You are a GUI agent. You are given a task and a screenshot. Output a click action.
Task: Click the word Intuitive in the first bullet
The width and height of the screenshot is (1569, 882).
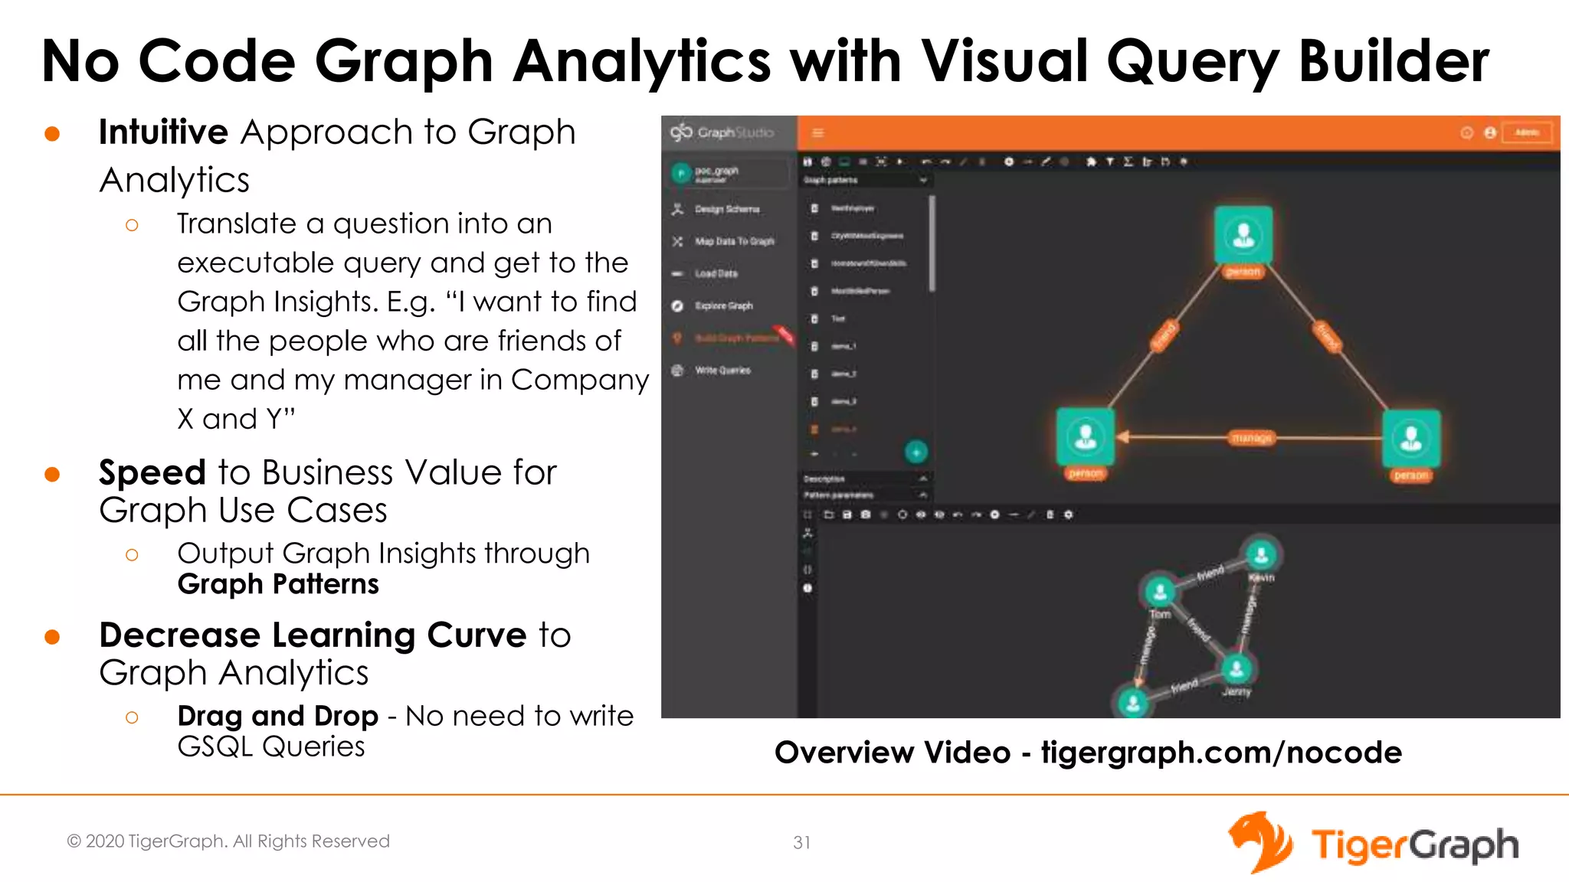click(x=163, y=132)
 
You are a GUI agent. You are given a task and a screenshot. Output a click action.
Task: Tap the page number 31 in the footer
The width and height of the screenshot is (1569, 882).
click(x=801, y=842)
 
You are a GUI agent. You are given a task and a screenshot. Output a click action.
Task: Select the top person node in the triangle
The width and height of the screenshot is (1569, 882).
click(x=1243, y=235)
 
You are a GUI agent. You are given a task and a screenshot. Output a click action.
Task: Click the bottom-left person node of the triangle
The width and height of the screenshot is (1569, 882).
click(x=1085, y=437)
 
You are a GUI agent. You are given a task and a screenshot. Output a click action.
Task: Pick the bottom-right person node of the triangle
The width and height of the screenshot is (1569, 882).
click(x=1411, y=439)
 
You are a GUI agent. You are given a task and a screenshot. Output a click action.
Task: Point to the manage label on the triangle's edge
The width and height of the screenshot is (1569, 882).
click(x=1252, y=438)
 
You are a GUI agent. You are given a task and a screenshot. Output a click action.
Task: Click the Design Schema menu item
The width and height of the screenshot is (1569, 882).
click(x=726, y=209)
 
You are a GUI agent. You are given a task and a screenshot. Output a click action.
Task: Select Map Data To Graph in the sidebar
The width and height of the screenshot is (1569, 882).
click(x=734, y=241)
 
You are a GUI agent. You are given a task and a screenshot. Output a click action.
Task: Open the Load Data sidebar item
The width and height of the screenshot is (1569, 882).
click(x=716, y=273)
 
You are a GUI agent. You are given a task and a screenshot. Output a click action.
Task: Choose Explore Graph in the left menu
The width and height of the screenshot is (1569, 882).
click(x=723, y=305)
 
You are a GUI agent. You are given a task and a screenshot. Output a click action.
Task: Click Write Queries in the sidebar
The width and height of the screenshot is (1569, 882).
click(x=722, y=371)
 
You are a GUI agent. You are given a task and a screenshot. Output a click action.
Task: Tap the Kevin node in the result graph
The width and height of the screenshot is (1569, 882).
click(x=1261, y=554)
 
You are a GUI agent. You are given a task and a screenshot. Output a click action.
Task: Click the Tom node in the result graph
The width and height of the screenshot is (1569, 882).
click(x=1160, y=591)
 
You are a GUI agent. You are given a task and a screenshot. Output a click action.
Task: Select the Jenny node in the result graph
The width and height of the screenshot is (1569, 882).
click(x=1237, y=669)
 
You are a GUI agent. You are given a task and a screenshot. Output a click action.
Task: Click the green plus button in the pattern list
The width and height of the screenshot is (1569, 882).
click(x=916, y=452)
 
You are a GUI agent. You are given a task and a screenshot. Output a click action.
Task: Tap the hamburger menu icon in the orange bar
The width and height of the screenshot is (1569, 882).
click(x=818, y=133)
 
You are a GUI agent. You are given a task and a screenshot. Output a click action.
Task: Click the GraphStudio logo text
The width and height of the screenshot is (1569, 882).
click(x=734, y=132)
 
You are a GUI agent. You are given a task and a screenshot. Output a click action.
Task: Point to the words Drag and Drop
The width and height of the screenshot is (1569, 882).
click(x=277, y=716)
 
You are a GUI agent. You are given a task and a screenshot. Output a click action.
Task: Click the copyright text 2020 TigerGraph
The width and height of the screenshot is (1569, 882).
click(x=228, y=841)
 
